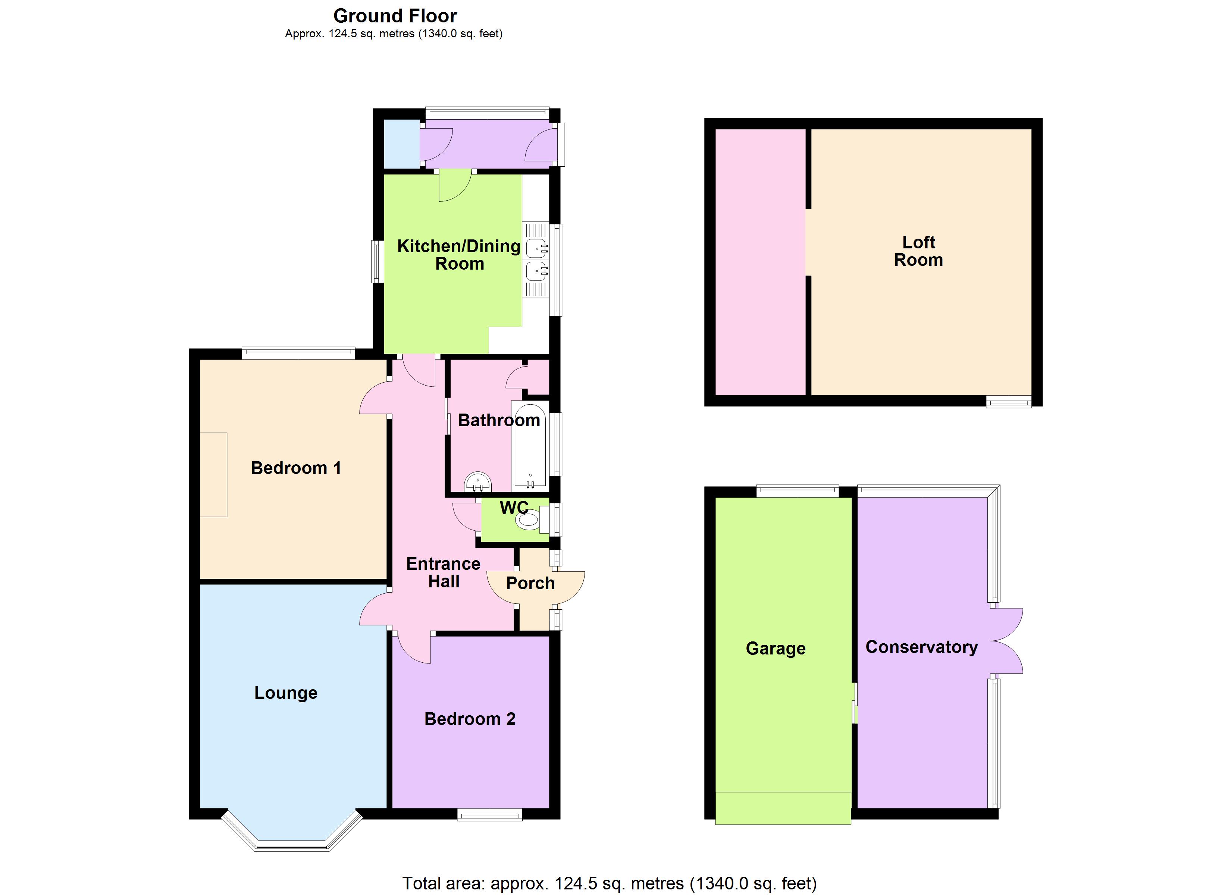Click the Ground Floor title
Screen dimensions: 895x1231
[395, 16]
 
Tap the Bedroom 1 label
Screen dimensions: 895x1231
[296, 468]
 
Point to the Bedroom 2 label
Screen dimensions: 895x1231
[470, 719]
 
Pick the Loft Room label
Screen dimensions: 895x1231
[918, 251]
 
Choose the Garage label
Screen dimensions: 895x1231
[775, 649]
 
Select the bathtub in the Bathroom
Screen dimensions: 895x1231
[530, 446]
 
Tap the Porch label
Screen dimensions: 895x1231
[530, 584]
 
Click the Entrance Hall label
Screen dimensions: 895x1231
[444, 572]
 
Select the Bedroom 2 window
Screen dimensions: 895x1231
[489, 815]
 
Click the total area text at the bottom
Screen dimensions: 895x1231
[609, 883]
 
